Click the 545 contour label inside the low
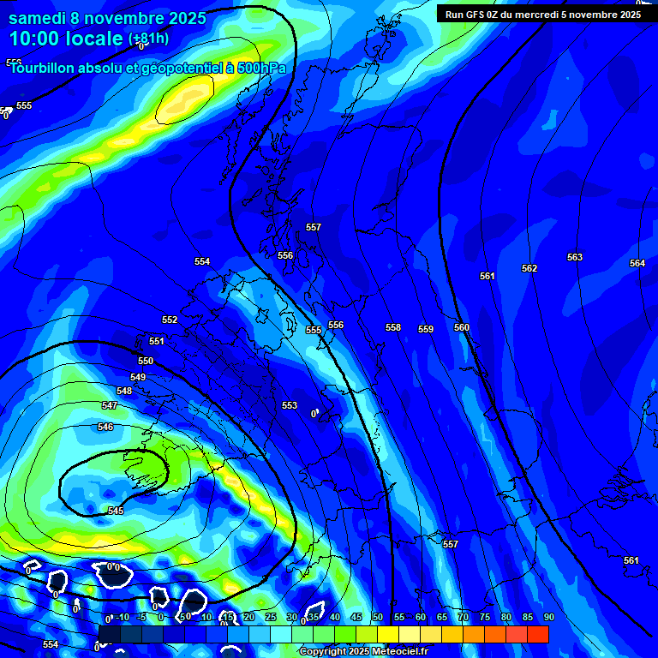[116, 511]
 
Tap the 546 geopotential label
[105, 427]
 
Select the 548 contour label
[124, 391]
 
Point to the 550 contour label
[146, 362]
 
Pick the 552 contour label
[170, 320]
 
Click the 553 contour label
[290, 405]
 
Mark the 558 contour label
[393, 327]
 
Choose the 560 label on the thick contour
[462, 327]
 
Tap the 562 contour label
[529, 268]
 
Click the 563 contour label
[575, 257]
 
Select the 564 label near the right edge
[637, 263]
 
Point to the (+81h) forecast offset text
[148, 39]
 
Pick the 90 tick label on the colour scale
[548, 617]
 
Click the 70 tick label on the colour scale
[464, 617]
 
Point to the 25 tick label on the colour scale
[271, 617]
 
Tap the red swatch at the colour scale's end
[537, 634]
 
